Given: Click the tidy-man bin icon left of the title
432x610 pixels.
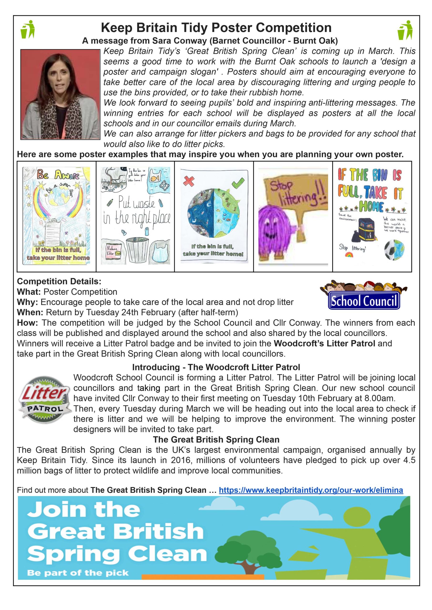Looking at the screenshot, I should [x=28, y=29].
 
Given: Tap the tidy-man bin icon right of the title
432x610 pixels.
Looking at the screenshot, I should [x=405, y=30].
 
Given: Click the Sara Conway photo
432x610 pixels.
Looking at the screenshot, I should [x=60, y=94].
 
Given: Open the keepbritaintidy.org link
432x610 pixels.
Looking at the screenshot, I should [x=311, y=490].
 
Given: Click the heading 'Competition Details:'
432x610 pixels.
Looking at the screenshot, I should [x=59, y=281].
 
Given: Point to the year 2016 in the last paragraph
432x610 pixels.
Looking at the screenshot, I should [x=181, y=460].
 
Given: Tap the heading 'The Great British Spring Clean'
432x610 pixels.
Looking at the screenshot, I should [x=216, y=439].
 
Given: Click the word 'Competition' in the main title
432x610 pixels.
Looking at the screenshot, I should [x=293, y=28].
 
